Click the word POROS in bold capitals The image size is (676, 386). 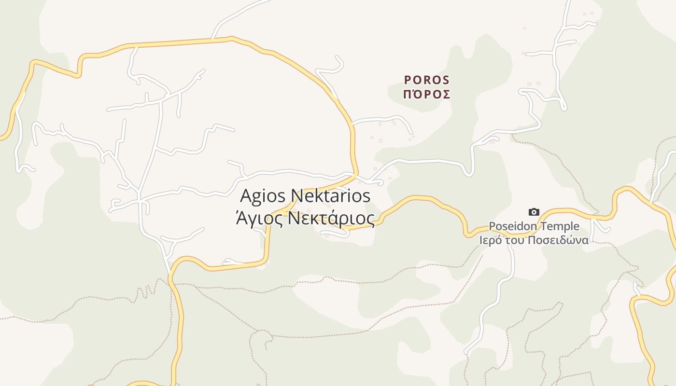[x=427, y=80]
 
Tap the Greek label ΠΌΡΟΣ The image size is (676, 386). [x=427, y=94]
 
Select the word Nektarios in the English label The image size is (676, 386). [x=331, y=196]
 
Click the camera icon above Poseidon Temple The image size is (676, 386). [x=534, y=212]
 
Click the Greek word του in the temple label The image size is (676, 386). [x=518, y=240]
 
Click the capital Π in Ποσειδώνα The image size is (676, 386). [x=535, y=240]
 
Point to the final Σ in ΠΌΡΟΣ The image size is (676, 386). [x=446, y=94]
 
